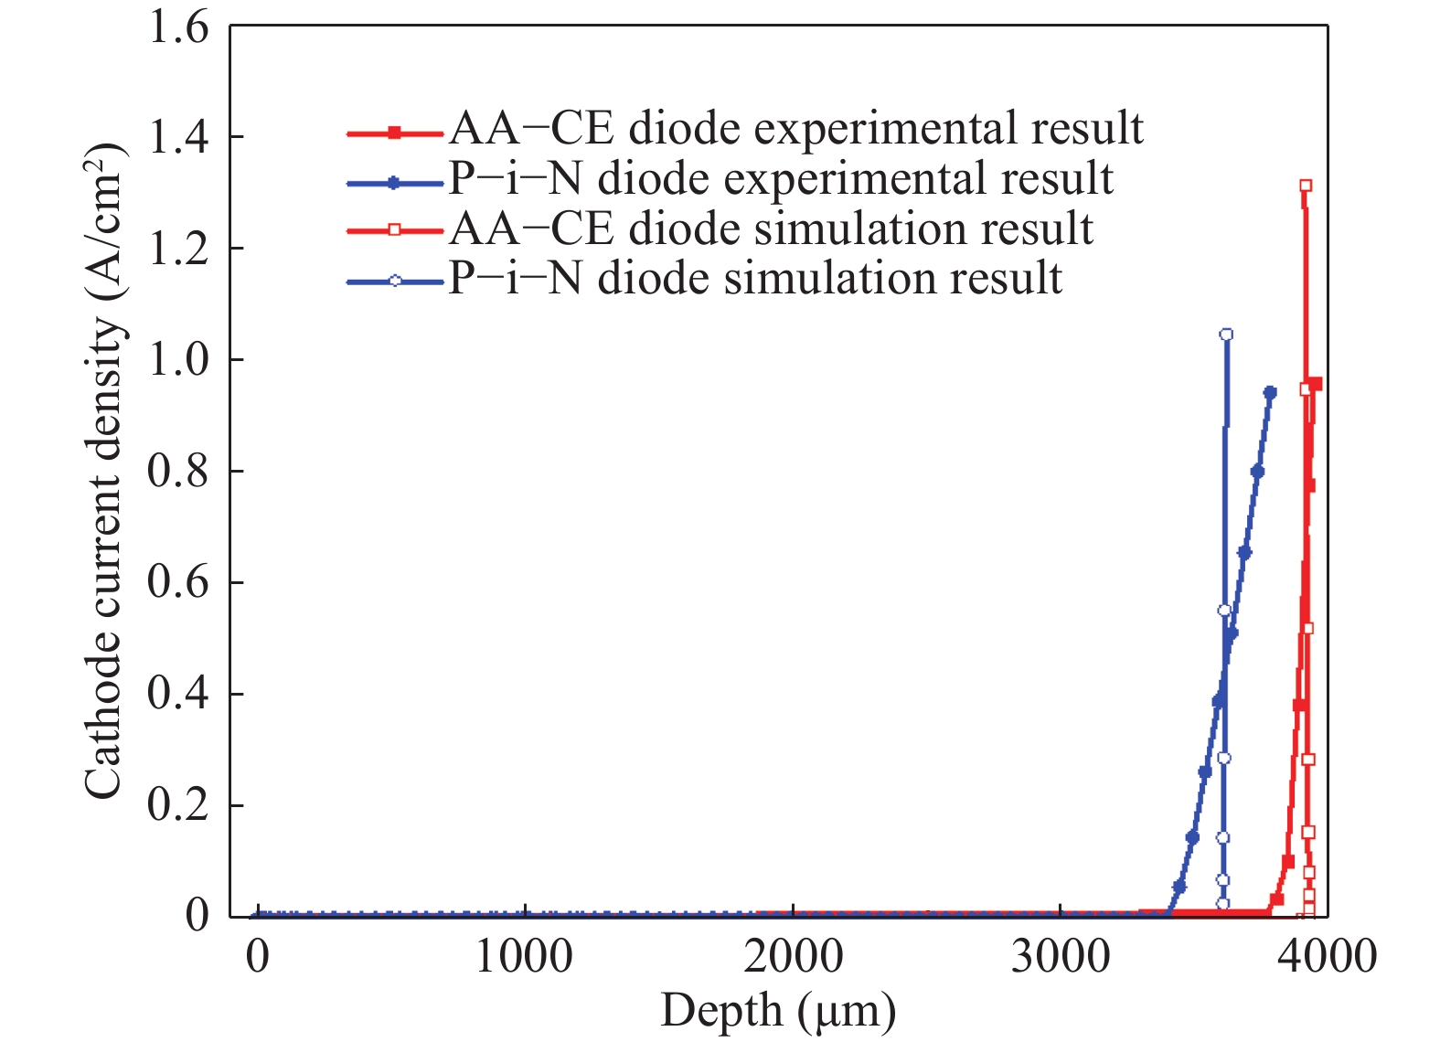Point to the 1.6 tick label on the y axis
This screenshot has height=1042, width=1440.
[x=178, y=27]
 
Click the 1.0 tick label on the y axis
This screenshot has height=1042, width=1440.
[x=178, y=360]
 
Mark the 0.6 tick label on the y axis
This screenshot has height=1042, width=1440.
[x=178, y=582]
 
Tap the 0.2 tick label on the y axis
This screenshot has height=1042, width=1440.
[x=178, y=805]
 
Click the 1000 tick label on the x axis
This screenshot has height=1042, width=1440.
[x=525, y=957]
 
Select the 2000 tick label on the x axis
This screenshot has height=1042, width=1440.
[x=793, y=957]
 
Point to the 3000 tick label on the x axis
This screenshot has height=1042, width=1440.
[x=1060, y=957]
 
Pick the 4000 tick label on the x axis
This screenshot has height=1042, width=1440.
[x=1327, y=957]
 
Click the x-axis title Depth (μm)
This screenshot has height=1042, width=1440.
[x=778, y=1011]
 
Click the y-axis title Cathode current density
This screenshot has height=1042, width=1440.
[x=102, y=471]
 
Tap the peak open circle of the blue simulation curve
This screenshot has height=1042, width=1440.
[x=1226, y=335]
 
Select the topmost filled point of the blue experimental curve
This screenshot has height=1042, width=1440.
[x=1270, y=392]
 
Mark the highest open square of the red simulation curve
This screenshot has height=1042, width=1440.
[x=1306, y=186]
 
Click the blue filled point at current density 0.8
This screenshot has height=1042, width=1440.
[x=1257, y=472]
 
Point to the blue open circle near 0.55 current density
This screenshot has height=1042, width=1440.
[x=1224, y=611]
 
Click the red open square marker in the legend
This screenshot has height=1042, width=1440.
[x=395, y=229]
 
